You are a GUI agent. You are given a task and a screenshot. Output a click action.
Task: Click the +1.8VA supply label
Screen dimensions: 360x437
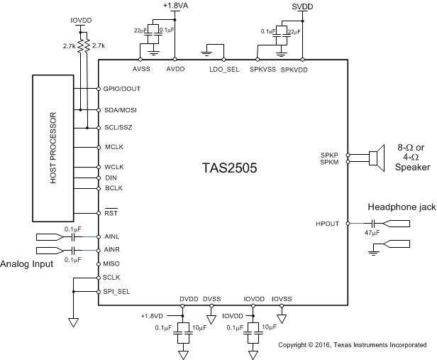point(175,6)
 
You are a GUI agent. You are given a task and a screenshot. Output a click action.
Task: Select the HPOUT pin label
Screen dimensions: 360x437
point(329,223)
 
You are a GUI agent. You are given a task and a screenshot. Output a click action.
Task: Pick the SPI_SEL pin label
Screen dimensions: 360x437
point(116,292)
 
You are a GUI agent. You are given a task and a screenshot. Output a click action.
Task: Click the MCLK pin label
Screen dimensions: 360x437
point(114,147)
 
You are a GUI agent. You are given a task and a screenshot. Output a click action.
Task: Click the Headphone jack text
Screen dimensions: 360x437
point(400,207)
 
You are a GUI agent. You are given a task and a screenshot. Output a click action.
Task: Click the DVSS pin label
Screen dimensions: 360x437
point(212,299)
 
